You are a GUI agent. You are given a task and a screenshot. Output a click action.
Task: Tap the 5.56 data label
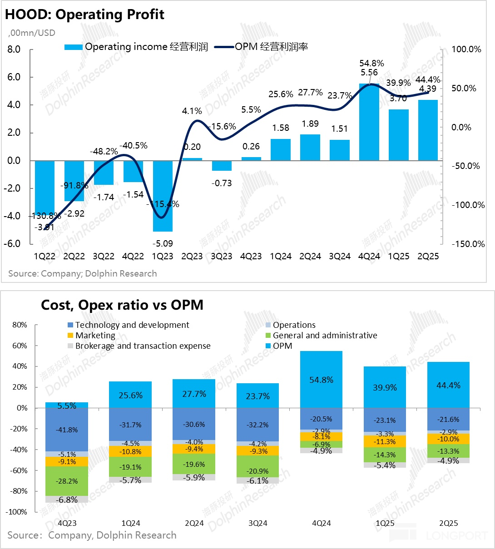point(369,72)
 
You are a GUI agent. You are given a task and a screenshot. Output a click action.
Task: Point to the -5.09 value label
point(163,243)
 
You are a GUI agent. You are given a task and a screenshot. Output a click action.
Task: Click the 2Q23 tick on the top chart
point(192,256)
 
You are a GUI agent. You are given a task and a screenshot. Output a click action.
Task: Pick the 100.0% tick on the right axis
point(466,49)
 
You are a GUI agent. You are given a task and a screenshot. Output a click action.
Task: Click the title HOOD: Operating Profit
point(84,15)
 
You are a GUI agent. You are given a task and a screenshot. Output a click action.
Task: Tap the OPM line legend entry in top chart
point(262,47)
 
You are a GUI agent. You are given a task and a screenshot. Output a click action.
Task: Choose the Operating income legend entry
point(136,47)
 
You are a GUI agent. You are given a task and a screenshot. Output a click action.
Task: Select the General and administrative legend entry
point(325,336)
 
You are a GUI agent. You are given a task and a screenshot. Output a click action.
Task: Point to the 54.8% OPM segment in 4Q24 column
point(322,380)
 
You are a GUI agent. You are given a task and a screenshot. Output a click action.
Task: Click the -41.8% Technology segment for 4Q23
point(67,430)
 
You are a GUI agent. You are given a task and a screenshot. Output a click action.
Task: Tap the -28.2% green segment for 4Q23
point(67,481)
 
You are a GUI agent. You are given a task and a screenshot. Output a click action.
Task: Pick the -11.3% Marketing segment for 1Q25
point(385,441)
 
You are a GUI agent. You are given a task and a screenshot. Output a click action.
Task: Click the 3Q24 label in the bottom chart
point(258,523)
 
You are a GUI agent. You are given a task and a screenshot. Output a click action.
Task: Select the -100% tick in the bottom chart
point(17,512)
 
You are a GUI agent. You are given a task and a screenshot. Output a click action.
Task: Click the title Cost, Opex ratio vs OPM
point(122,305)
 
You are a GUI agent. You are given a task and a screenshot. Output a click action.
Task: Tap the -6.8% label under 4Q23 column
point(67,500)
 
